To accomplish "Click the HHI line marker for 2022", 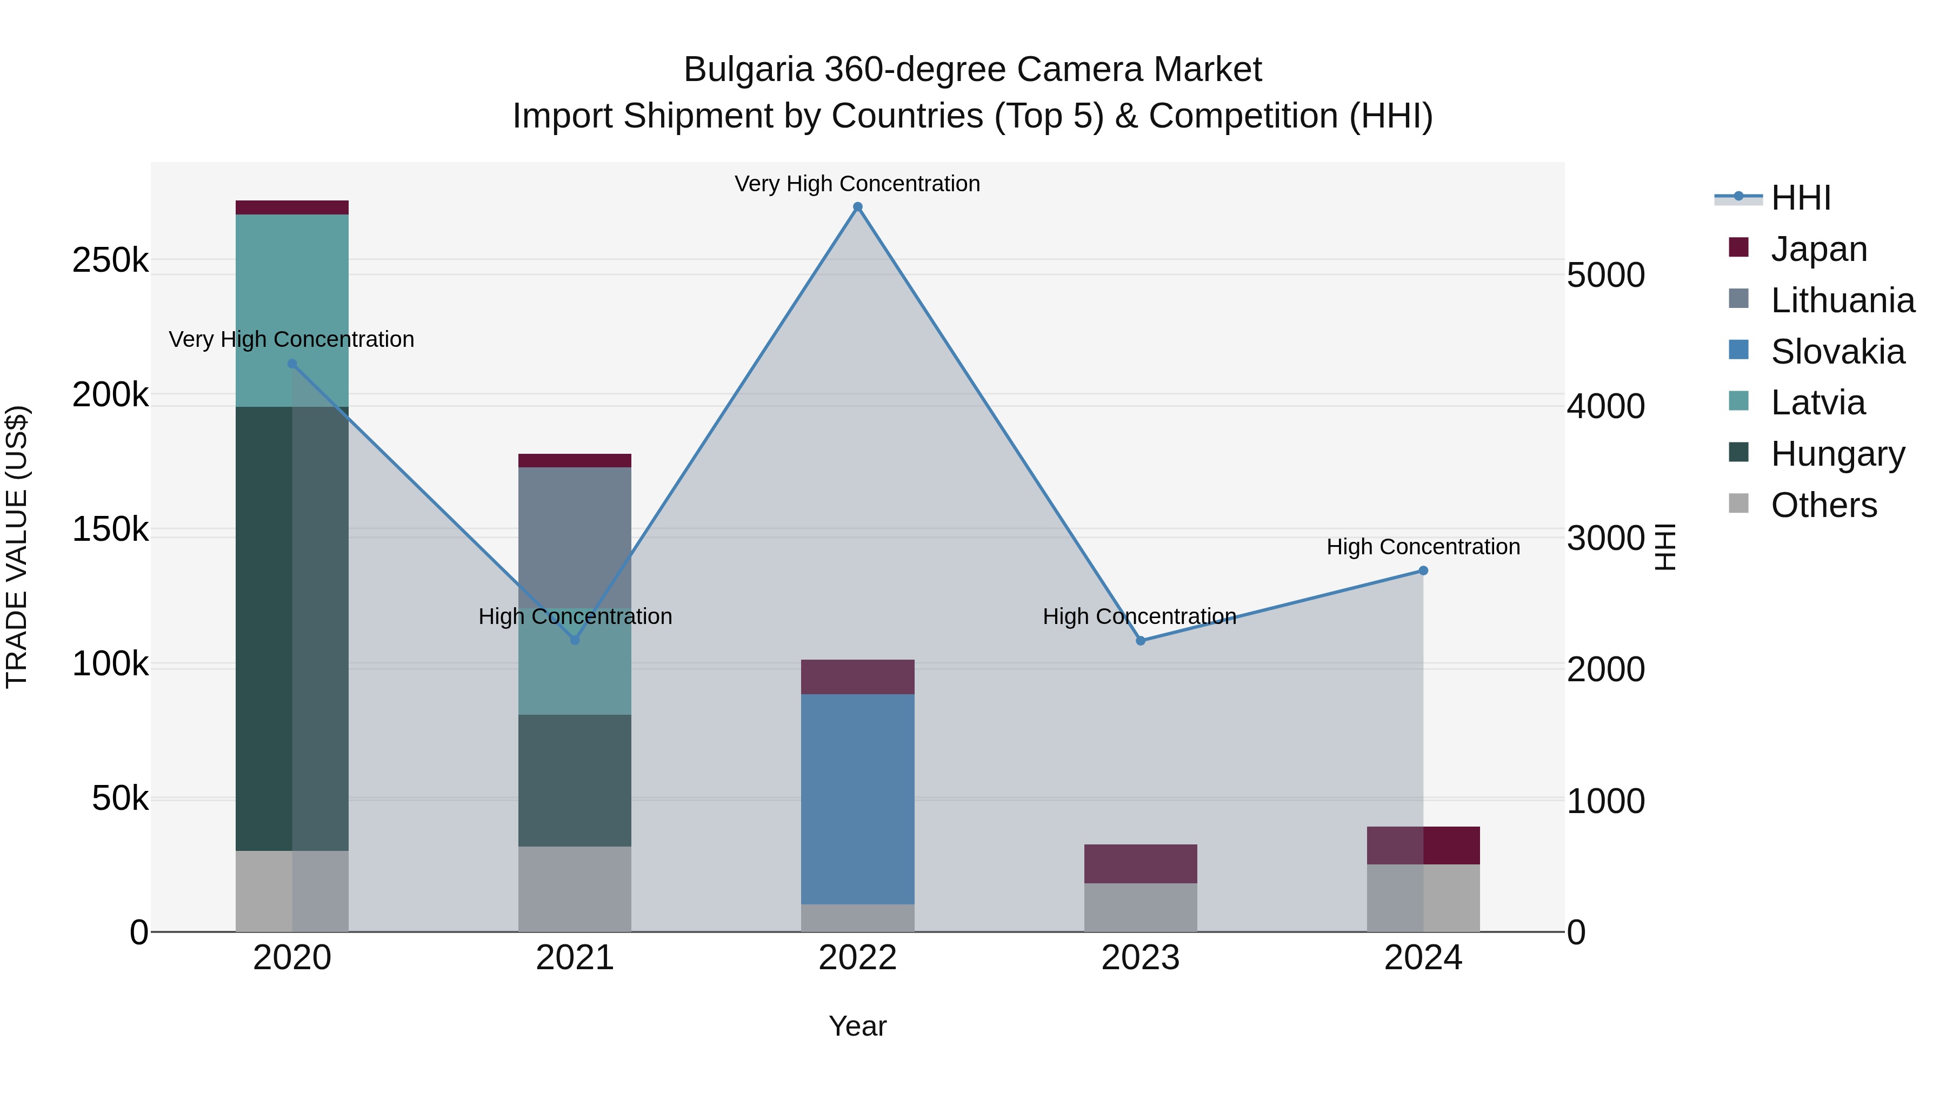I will pyautogui.click(x=857, y=207).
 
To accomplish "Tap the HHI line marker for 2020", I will pyautogui.click(x=292, y=364).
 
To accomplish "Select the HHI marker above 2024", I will pyautogui.click(x=1423, y=571).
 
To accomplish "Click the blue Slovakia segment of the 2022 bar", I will pyautogui.click(x=857, y=799).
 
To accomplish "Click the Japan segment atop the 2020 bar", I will pyautogui.click(x=292, y=207).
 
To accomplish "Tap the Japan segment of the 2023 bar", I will pyautogui.click(x=1141, y=864).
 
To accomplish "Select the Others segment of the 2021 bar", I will pyautogui.click(x=575, y=889).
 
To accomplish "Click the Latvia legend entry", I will pyautogui.click(x=1817, y=402).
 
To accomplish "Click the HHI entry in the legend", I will pyautogui.click(x=1800, y=198).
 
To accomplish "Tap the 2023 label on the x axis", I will pyautogui.click(x=1141, y=958).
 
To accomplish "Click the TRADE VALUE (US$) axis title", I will pyautogui.click(x=17, y=547).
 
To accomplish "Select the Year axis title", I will pyautogui.click(x=857, y=1026).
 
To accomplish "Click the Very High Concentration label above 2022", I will pyautogui.click(x=857, y=184).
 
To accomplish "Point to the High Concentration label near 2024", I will pyautogui.click(x=1423, y=547).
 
